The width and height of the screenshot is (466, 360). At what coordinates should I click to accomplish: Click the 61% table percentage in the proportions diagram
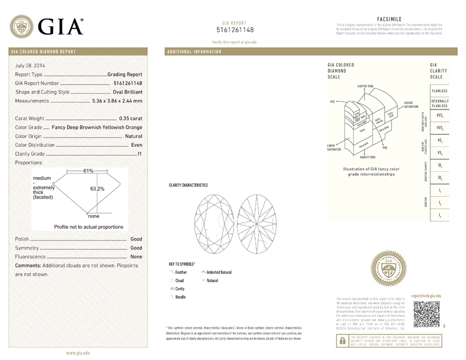click(x=89, y=171)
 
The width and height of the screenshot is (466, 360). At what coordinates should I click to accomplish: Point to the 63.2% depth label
click(x=97, y=189)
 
